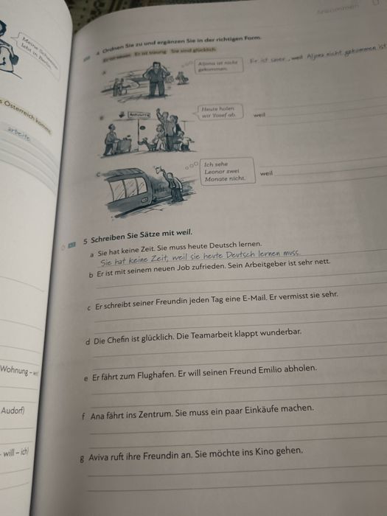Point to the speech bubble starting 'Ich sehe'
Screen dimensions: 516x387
coord(224,171)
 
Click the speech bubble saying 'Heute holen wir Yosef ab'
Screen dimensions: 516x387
coord(220,112)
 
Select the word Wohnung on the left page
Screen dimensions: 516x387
coord(15,370)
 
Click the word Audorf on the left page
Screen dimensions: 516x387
coord(13,410)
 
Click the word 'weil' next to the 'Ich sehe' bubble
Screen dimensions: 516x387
coord(265,174)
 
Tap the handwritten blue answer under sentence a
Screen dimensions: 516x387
coord(199,256)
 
